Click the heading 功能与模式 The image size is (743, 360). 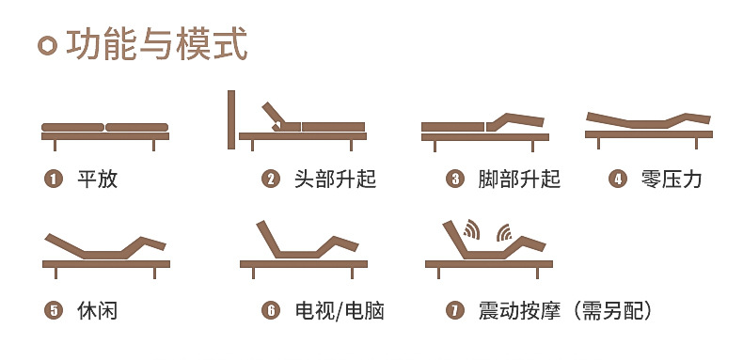click(x=156, y=45)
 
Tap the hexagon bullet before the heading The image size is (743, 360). click(x=46, y=45)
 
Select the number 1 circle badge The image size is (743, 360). click(x=54, y=179)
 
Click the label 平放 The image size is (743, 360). click(x=97, y=179)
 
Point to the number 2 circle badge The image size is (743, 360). click(x=271, y=179)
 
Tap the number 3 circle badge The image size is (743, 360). click(x=455, y=179)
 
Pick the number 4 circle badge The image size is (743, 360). click(x=618, y=179)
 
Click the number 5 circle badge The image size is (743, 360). click(x=54, y=310)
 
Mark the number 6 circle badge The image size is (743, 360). click(x=271, y=310)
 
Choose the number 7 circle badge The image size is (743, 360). click(x=455, y=310)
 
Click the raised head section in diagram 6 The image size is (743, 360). click(x=268, y=237)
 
